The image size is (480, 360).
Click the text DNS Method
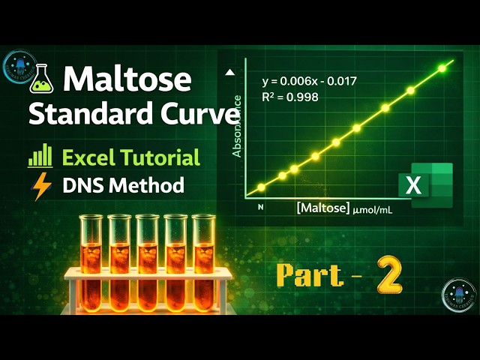click(x=123, y=184)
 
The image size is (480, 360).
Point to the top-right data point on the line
click(x=442, y=69)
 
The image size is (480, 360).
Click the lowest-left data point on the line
click(x=261, y=187)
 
